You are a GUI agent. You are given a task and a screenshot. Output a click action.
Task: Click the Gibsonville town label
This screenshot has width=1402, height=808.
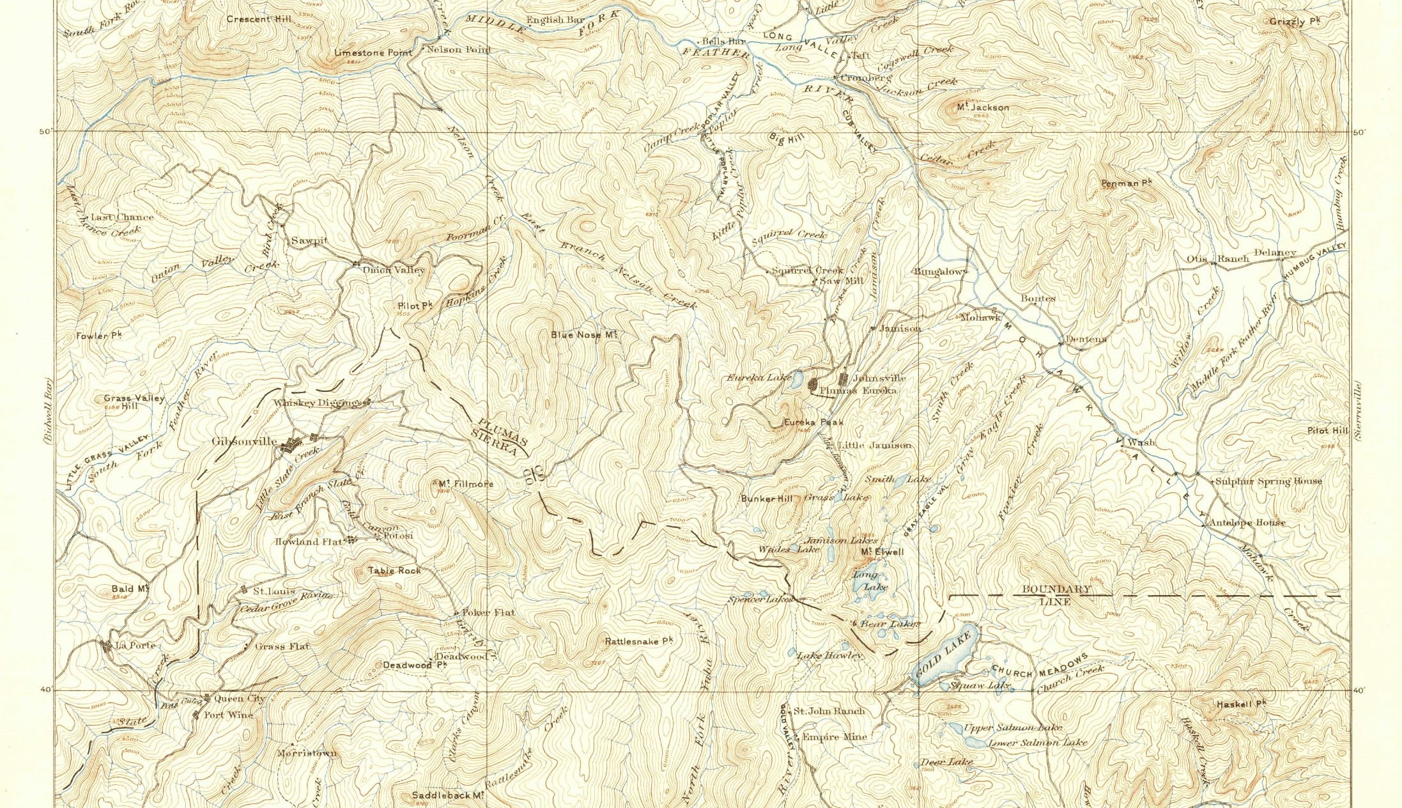[x=244, y=442]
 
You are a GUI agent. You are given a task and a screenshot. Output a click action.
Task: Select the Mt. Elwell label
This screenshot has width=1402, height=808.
[x=882, y=552]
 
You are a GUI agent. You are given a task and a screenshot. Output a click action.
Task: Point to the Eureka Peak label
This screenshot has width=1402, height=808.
[x=813, y=422]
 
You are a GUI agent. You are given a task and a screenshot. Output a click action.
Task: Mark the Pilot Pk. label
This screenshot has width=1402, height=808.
[x=415, y=306]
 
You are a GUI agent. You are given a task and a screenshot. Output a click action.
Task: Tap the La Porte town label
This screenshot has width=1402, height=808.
[x=134, y=645]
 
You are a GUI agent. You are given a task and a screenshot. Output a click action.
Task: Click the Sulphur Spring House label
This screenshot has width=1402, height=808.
[x=1268, y=481]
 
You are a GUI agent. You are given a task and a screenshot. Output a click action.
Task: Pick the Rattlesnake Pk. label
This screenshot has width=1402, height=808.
[x=639, y=640]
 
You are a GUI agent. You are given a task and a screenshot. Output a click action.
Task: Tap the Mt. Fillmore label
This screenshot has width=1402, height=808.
[x=466, y=484]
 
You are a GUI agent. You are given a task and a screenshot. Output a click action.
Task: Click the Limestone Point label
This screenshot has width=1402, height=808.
[x=373, y=52]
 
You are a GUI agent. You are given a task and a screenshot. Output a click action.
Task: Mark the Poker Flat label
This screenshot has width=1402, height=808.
[x=488, y=612]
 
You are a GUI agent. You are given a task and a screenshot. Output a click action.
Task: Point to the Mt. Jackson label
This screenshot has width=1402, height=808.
[x=983, y=107]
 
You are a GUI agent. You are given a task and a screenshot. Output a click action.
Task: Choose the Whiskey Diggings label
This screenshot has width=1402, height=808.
[x=318, y=403]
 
